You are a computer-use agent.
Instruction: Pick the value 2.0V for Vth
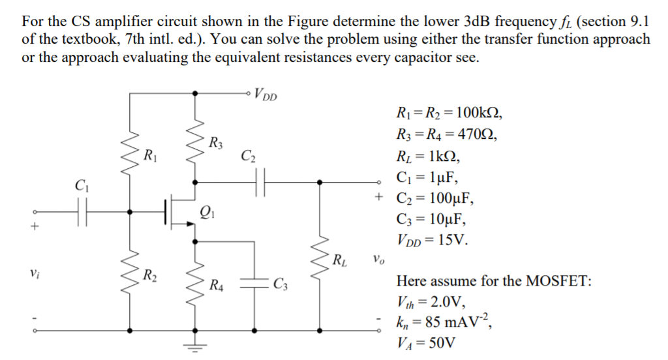tap(446, 301)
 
